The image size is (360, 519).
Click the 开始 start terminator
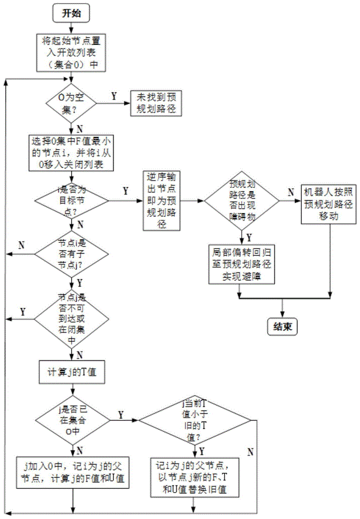(72, 14)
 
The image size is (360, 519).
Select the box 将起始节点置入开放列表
(72, 52)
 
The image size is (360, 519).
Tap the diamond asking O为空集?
(72, 103)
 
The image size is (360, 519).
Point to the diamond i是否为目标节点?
(72, 199)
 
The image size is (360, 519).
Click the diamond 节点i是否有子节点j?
(72, 254)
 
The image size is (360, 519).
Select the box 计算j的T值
(72, 372)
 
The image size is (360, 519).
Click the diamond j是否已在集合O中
(72, 417)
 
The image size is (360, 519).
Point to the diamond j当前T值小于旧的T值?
(194, 419)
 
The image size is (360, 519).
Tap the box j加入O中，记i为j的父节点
(72, 471)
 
